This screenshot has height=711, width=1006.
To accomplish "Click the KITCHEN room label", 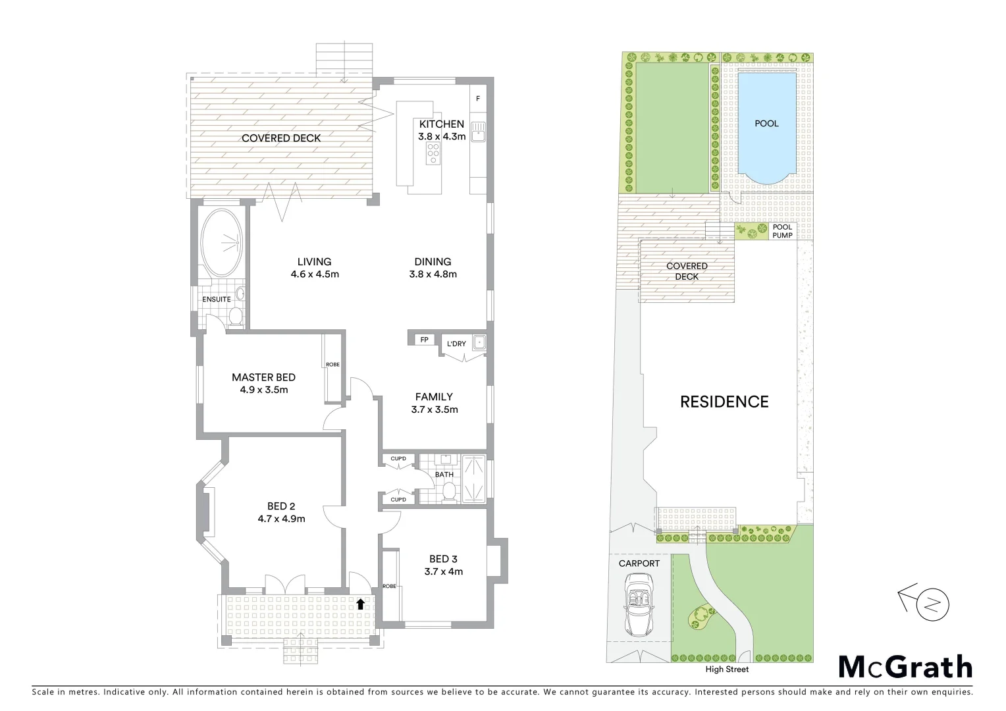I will pos(441,124).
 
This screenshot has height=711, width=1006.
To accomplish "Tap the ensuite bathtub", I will pos(222,242).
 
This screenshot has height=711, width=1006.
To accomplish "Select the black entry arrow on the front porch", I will pos(360,603).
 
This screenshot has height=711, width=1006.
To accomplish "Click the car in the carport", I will pos(639,603).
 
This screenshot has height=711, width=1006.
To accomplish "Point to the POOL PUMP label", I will pos(782,231).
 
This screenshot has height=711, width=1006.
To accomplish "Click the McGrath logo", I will pos(905,667).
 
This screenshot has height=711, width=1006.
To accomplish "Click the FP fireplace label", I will pos(425,340).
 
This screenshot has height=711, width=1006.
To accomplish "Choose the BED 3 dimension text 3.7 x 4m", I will pos(444,571).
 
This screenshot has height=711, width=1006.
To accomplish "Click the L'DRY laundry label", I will pos(456,344).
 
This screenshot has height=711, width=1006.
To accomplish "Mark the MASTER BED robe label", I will pos(332,364).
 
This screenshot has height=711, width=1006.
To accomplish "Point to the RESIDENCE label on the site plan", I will pos(724,402).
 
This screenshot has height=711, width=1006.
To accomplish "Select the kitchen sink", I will pos(478,132).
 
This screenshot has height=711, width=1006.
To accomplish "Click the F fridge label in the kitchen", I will pos(478,99).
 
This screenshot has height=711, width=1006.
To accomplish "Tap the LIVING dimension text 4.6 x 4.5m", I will pos(315,275).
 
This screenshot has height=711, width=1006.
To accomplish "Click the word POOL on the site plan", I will pos(766,124).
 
